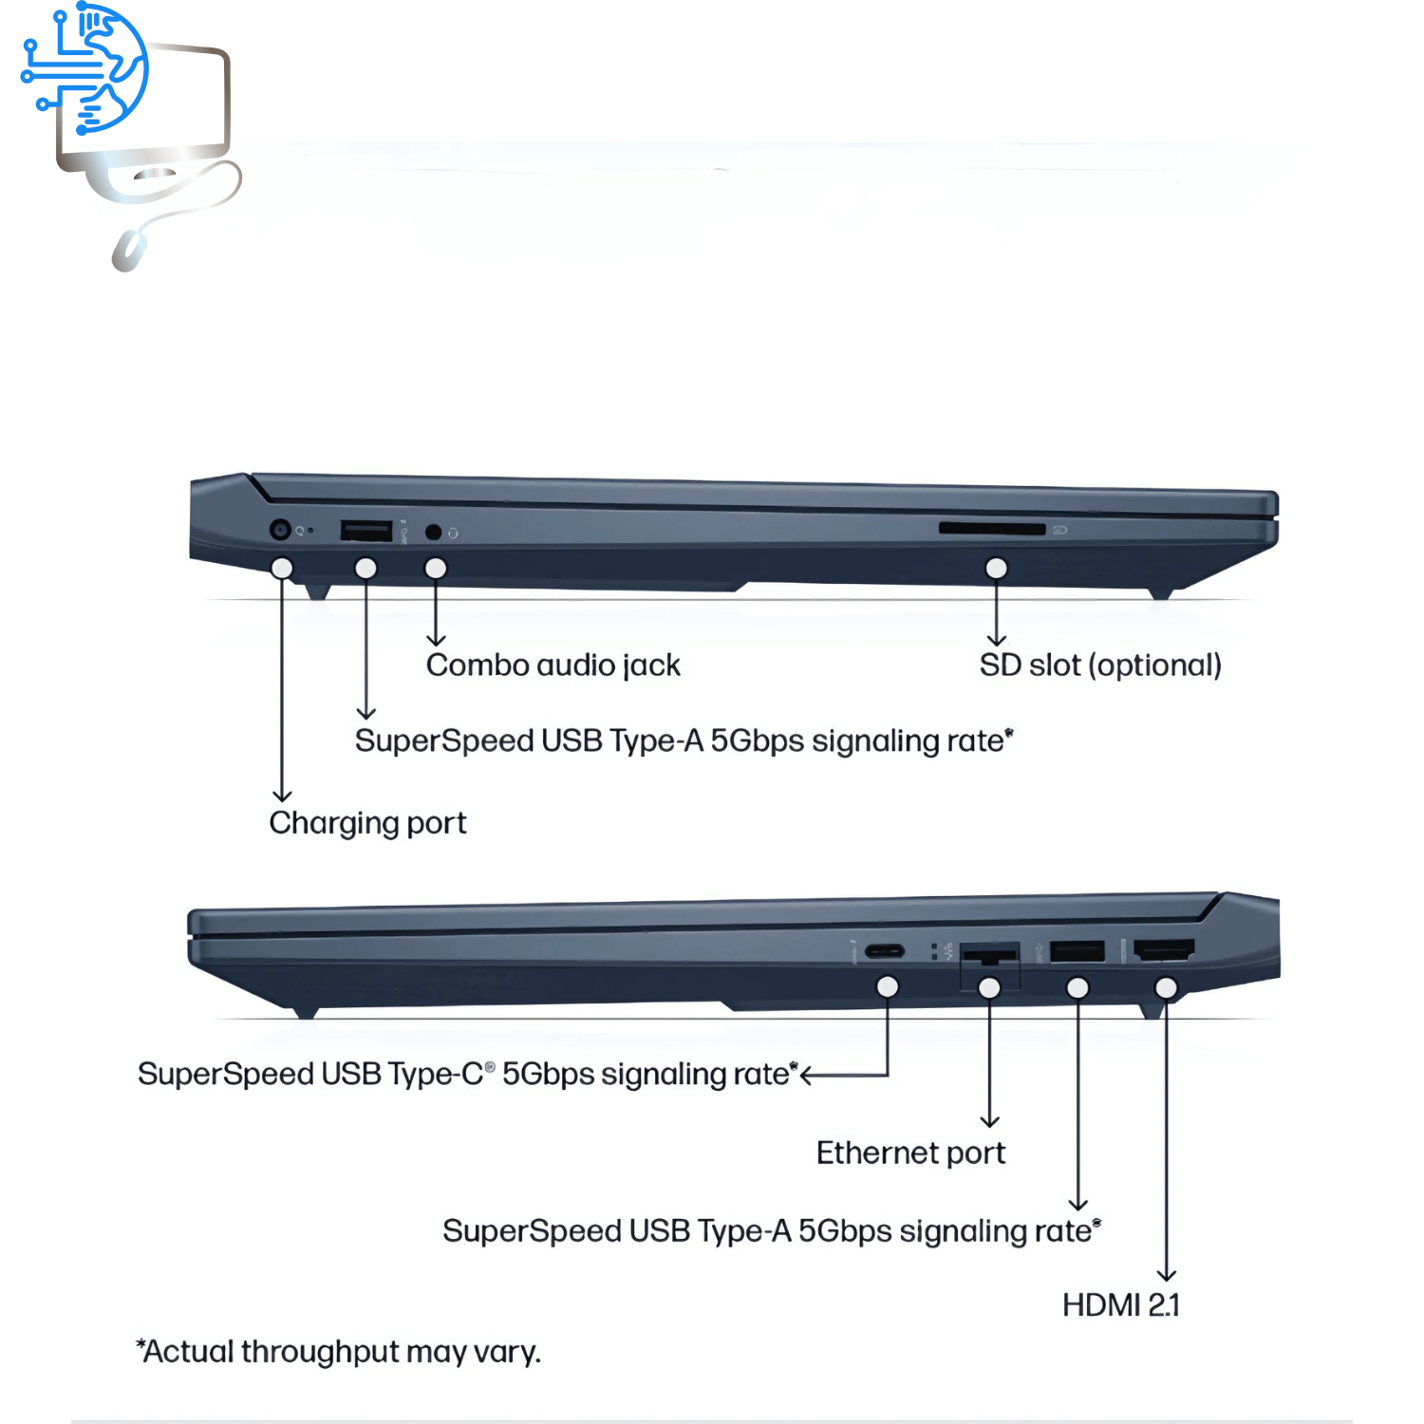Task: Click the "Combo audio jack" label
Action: click(x=553, y=665)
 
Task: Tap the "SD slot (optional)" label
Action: click(x=1099, y=665)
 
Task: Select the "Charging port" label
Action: click(x=367, y=823)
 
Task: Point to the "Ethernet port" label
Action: click(x=910, y=1153)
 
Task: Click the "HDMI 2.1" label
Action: click(x=1120, y=1305)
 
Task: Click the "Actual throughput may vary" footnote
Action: click(x=338, y=1352)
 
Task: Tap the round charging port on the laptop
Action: click(x=280, y=530)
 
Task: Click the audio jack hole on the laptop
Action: click(x=433, y=532)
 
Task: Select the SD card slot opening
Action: click(x=991, y=528)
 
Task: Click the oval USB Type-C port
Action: click(x=885, y=951)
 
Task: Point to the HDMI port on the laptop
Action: click(x=1164, y=949)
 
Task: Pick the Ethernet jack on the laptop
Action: click(x=989, y=954)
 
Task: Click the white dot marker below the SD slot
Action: click(x=996, y=568)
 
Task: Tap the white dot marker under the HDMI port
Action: click(x=1166, y=988)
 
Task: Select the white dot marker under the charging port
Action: click(x=282, y=568)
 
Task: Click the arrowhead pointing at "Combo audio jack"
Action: click(x=436, y=641)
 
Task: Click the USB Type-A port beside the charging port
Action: click(x=365, y=531)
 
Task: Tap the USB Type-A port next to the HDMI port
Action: click(x=1077, y=950)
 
